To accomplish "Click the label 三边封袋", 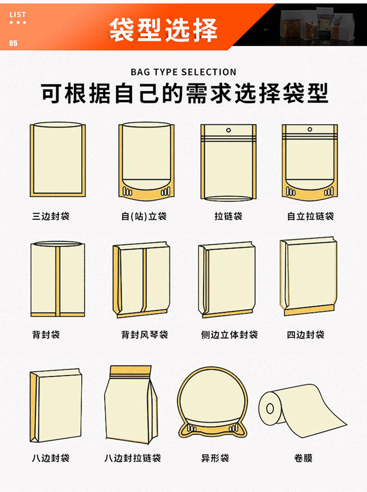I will (51, 216).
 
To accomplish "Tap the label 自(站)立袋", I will (144, 216).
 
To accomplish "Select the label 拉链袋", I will (228, 216).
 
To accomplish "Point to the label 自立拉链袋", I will (311, 216).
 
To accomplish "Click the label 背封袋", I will (46, 335).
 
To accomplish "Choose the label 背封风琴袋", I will (145, 335).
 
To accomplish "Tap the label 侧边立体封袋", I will (229, 335).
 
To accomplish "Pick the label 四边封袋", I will (306, 335).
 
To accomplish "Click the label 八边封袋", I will (51, 458).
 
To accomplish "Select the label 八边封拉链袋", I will (133, 458).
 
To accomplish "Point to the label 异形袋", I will (215, 458).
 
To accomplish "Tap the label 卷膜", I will (303, 458).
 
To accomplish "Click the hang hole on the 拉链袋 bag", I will (228, 130).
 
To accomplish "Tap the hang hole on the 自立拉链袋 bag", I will (310, 130).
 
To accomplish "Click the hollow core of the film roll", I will (270, 408).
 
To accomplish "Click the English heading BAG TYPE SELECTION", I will (183, 72).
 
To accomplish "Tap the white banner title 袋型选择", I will (163, 30).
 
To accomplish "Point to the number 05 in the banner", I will (13, 43).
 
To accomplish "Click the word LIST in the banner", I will (17, 15).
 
